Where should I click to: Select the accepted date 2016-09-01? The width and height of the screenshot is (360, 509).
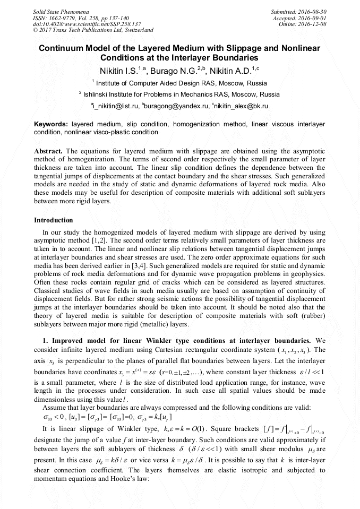coord(314,17)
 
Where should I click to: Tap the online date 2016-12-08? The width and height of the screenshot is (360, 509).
coord(314,24)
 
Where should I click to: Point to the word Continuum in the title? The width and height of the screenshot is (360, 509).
coord(63,48)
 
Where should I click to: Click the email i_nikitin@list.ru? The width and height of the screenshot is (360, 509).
coord(114,106)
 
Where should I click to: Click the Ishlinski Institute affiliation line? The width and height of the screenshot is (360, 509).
coord(179,94)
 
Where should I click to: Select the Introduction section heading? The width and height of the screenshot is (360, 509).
coord(54,220)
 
